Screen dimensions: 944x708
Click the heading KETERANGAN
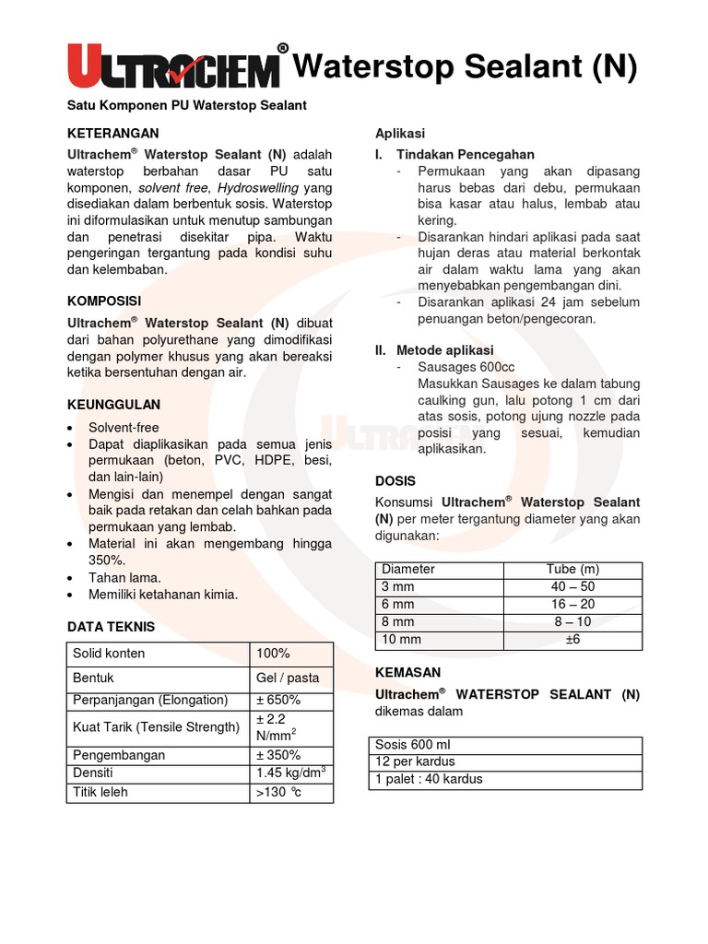[113, 134]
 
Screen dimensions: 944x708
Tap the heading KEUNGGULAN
[114, 405]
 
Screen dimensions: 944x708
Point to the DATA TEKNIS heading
[112, 627]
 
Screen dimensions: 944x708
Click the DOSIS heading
[395, 481]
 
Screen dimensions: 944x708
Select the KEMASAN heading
[408, 672]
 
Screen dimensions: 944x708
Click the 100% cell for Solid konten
[273, 654]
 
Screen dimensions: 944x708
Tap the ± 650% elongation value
[278, 700]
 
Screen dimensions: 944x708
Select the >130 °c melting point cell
[279, 792]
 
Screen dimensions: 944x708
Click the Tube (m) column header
[572, 569]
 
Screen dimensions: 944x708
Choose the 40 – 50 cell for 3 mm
[572, 586]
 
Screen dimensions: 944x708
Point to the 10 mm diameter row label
[401, 639]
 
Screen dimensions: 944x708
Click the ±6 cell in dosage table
[572, 639]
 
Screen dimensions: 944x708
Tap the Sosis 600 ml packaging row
[412, 745]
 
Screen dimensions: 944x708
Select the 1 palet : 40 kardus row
[429, 779]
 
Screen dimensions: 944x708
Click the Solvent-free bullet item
[124, 428]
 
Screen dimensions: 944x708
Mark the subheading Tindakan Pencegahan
[465, 154]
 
